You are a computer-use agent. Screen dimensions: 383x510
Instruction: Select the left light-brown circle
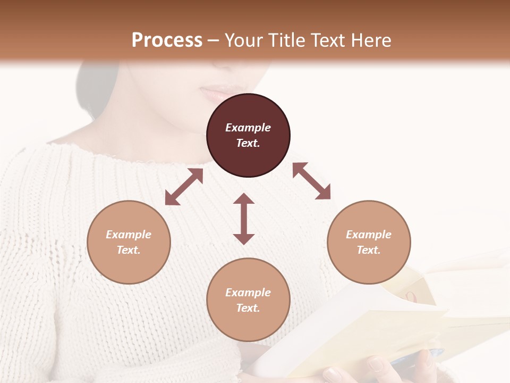click(129, 242)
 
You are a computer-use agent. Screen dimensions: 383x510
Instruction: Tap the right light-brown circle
click(369, 242)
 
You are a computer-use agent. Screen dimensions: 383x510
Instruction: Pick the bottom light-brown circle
click(248, 300)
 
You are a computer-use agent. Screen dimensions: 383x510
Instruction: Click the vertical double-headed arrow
click(244, 219)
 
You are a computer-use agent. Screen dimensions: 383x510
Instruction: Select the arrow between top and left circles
click(184, 187)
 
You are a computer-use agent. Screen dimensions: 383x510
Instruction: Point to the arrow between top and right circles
click(312, 181)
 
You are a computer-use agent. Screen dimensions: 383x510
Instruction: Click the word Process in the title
click(167, 40)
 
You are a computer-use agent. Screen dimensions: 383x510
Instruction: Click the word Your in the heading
click(242, 40)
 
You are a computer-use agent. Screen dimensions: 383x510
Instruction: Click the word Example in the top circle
click(248, 128)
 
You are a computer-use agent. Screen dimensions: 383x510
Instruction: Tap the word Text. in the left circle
click(129, 250)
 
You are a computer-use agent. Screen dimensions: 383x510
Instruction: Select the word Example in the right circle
click(369, 235)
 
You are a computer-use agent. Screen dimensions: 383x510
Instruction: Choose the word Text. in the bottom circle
click(248, 308)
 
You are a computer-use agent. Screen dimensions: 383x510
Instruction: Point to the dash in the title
click(214, 40)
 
